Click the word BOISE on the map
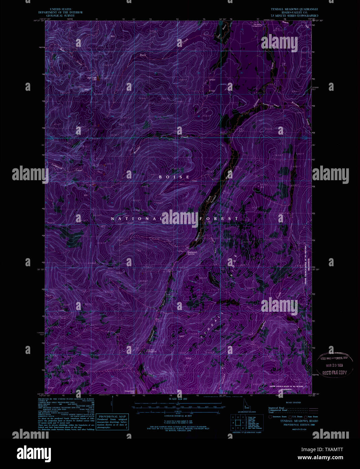(x=174, y=177)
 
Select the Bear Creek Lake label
(x=92, y=78)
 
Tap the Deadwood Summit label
(x=191, y=252)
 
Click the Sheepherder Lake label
(x=130, y=391)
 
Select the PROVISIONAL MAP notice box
(x=112, y=421)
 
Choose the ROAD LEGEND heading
(x=293, y=403)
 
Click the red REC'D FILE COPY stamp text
(x=334, y=373)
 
